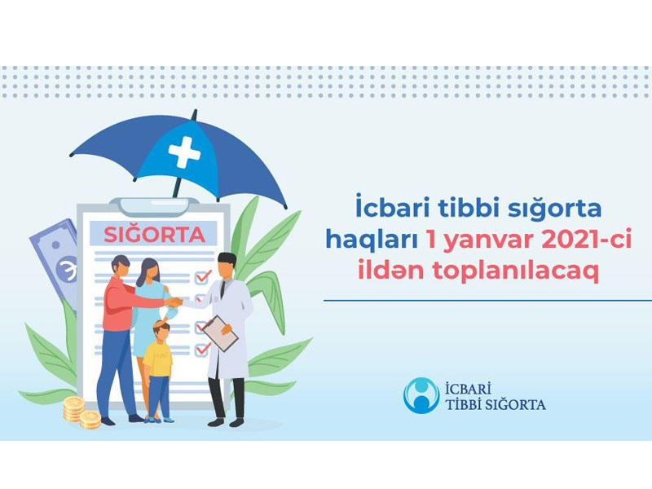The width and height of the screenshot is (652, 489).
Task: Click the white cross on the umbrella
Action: tap(184, 152)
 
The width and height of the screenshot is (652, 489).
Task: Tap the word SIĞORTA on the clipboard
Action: tap(154, 235)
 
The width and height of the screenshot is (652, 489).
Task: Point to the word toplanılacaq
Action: tap(516, 271)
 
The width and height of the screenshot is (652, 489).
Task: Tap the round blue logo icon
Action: tap(421, 395)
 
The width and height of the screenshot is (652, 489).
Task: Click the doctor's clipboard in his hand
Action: tap(219, 333)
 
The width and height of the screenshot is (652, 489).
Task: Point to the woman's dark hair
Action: tap(147, 271)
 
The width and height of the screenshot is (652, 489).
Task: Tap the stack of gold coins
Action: tap(81, 412)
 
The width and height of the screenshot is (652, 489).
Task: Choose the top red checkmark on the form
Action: tap(203, 276)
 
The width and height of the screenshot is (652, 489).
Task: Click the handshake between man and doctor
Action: tap(174, 302)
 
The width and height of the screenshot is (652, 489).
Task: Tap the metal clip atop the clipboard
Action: tap(154, 207)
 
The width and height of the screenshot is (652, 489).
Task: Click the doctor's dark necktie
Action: tap(223, 289)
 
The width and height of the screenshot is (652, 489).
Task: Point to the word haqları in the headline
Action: tap(371, 241)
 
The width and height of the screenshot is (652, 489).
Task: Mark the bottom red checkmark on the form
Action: tap(202, 349)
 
